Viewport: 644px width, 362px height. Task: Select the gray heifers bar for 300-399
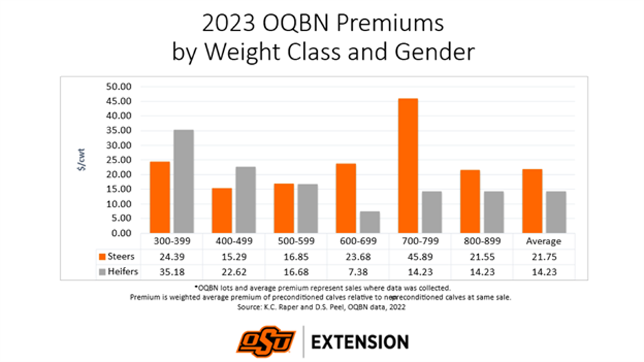[184, 181]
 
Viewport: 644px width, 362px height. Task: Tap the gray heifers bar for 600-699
[370, 222]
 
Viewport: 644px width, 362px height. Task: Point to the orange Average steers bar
[532, 201]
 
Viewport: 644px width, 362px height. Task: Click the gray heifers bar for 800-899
[493, 212]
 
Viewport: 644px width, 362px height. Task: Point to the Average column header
[544, 241]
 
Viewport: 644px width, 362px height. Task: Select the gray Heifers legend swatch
[102, 271]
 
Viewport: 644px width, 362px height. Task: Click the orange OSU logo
[267, 341]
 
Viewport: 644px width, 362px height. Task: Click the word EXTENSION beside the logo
[359, 342]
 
